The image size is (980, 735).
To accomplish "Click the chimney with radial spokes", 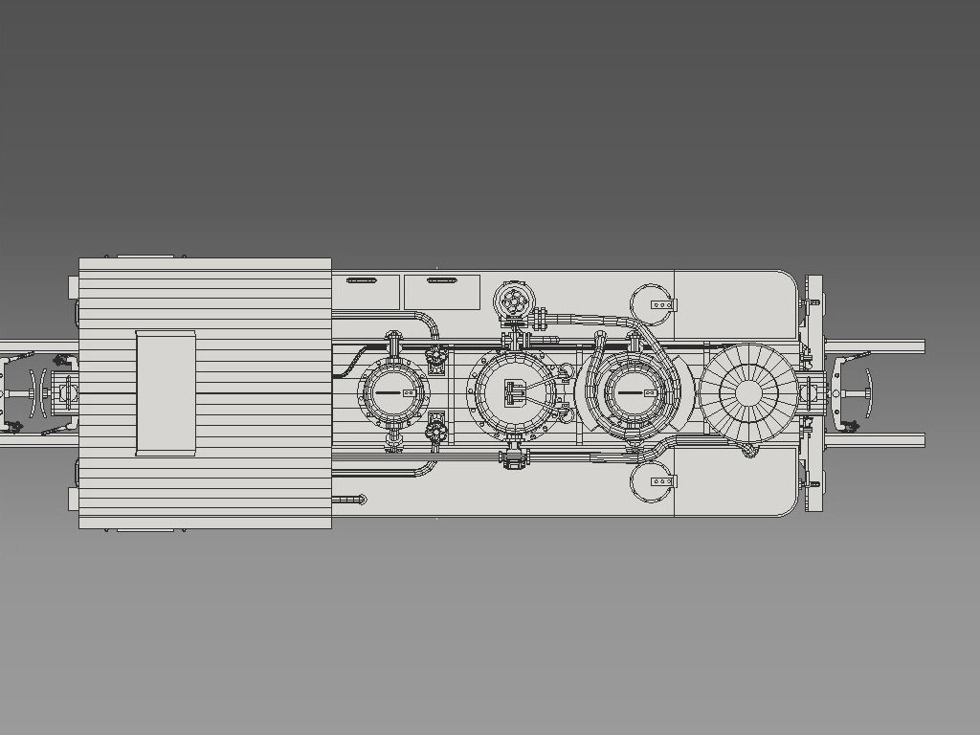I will click(x=748, y=392).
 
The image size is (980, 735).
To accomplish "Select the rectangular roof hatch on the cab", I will click(x=166, y=392).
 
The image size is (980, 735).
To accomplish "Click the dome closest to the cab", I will click(x=392, y=392).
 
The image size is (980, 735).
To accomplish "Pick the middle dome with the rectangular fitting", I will click(x=514, y=392).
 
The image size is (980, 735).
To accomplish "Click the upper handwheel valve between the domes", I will click(x=436, y=358).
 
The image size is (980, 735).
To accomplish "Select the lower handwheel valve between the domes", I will click(x=436, y=432).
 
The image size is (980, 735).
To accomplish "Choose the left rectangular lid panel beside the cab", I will click(x=366, y=291).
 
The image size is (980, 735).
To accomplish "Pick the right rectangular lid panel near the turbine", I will click(x=441, y=291).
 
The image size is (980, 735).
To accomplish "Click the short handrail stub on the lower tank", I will click(x=350, y=499).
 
